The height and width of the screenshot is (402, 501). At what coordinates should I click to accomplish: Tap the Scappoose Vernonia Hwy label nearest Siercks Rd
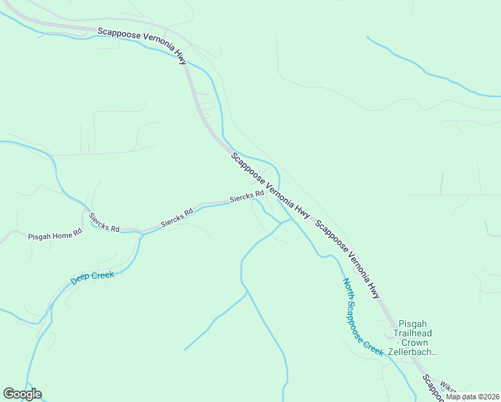[x=270, y=186]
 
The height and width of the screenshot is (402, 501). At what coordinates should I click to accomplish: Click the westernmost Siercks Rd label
[x=104, y=222]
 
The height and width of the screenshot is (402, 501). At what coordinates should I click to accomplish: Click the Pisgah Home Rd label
[x=54, y=235]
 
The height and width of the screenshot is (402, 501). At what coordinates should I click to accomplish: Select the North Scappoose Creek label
[x=362, y=316]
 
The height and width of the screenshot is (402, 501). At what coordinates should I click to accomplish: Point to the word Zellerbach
[x=413, y=352]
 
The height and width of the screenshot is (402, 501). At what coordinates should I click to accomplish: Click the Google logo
[x=22, y=393]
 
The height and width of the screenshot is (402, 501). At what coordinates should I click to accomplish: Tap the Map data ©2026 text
[x=472, y=397]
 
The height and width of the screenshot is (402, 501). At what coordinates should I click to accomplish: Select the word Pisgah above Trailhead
[x=413, y=324]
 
